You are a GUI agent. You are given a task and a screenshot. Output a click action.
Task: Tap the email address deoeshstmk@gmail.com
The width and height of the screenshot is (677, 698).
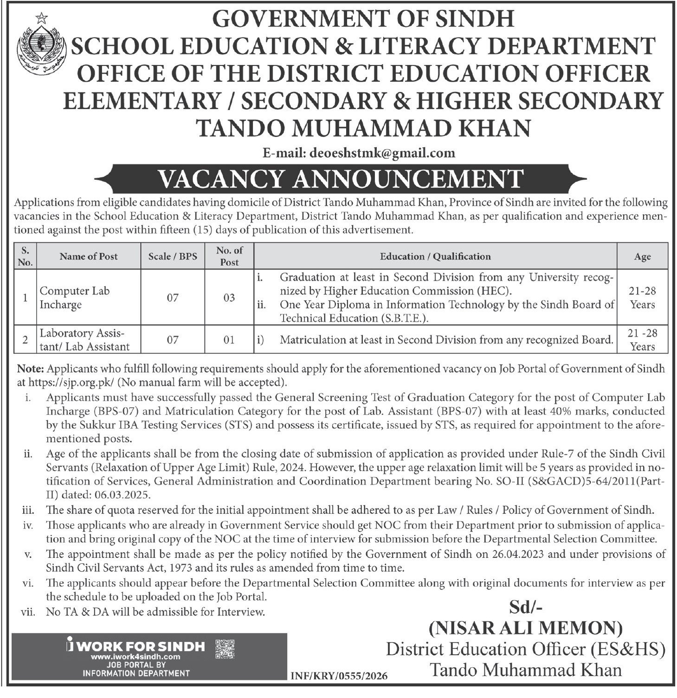coord(378,152)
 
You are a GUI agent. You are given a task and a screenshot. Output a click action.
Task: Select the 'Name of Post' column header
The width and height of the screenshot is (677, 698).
coord(89,256)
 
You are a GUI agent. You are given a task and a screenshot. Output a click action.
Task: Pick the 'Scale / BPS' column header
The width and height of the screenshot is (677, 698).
coord(173,256)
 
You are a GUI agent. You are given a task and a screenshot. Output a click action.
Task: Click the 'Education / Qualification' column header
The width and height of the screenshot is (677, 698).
coord(435,256)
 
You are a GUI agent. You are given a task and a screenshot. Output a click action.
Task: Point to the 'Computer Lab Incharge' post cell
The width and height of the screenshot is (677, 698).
coord(74,298)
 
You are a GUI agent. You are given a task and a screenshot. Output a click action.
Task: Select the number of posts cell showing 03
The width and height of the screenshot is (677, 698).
coord(229,298)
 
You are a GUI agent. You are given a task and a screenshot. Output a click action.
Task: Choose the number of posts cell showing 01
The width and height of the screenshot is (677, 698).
coord(229,340)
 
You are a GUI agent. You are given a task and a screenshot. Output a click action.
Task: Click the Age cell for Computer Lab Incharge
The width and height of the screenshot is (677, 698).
coord(643,298)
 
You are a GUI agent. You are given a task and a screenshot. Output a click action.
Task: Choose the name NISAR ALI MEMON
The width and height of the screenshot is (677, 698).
coord(525,628)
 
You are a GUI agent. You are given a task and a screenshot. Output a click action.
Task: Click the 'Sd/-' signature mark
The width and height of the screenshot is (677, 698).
coord(524,607)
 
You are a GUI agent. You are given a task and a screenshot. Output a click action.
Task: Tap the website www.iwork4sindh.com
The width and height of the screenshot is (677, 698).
coord(135,657)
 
